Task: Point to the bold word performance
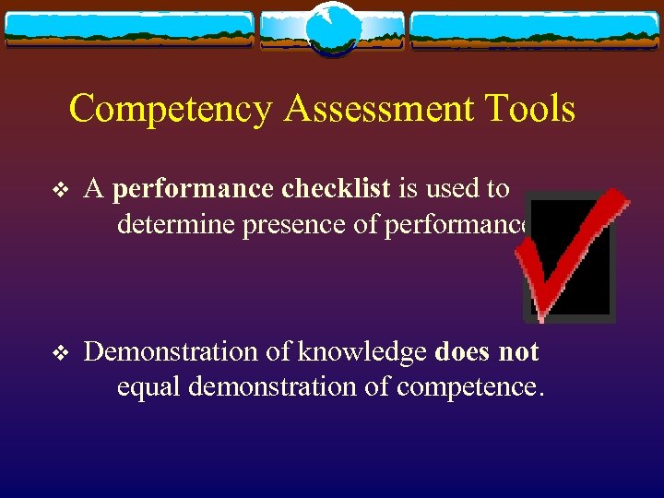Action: coord(192,190)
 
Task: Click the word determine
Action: coord(176,225)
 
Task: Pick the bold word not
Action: coord(520,352)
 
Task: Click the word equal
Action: coord(148,386)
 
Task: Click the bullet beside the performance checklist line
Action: coord(60,191)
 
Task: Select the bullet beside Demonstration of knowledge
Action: coord(60,353)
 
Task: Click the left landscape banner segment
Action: coord(129,30)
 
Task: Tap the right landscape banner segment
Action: coord(535,30)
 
